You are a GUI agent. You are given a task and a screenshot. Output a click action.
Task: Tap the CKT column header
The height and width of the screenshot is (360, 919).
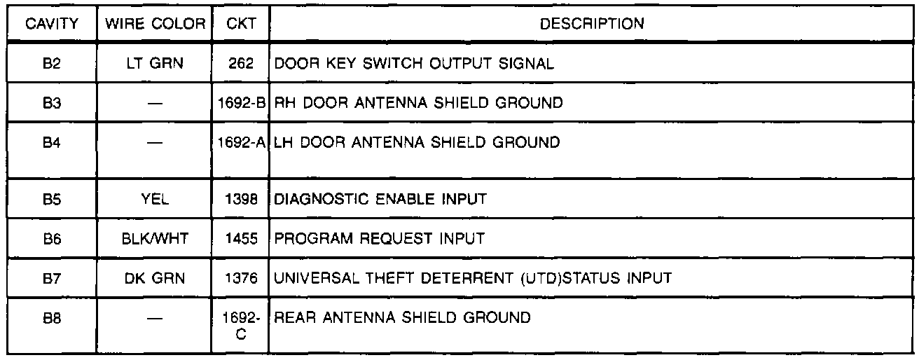(x=240, y=24)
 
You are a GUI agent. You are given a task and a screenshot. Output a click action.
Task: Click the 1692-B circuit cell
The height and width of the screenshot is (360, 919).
(x=240, y=104)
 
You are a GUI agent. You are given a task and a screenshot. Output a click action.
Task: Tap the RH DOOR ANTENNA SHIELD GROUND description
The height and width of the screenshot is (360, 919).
(x=418, y=104)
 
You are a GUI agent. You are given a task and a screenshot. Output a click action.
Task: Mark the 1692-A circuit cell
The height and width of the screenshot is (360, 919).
(x=240, y=143)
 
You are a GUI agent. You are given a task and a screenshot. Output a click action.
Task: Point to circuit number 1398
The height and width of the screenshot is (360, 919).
(x=240, y=199)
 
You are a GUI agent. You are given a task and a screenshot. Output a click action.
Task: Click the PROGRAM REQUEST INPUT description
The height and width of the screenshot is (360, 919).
(x=379, y=239)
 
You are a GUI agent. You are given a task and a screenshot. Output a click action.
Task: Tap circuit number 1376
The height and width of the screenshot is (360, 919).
(x=240, y=278)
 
